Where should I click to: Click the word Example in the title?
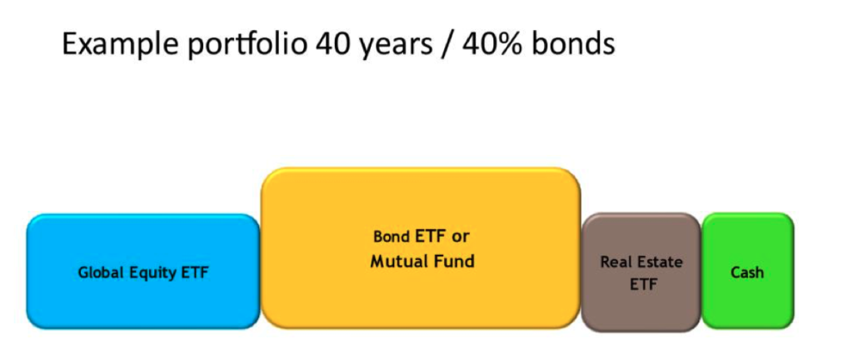[x=120, y=43]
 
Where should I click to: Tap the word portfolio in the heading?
[x=247, y=43]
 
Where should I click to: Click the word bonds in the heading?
[x=573, y=43]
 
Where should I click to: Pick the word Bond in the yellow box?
[x=392, y=237]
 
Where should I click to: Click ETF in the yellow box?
[x=429, y=237]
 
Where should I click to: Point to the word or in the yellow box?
[x=460, y=237]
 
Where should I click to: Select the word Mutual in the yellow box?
[x=399, y=262]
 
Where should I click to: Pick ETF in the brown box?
[x=641, y=285]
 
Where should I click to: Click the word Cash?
[x=747, y=272]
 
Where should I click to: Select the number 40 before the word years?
[x=335, y=43]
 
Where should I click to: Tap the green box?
[x=747, y=271]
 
